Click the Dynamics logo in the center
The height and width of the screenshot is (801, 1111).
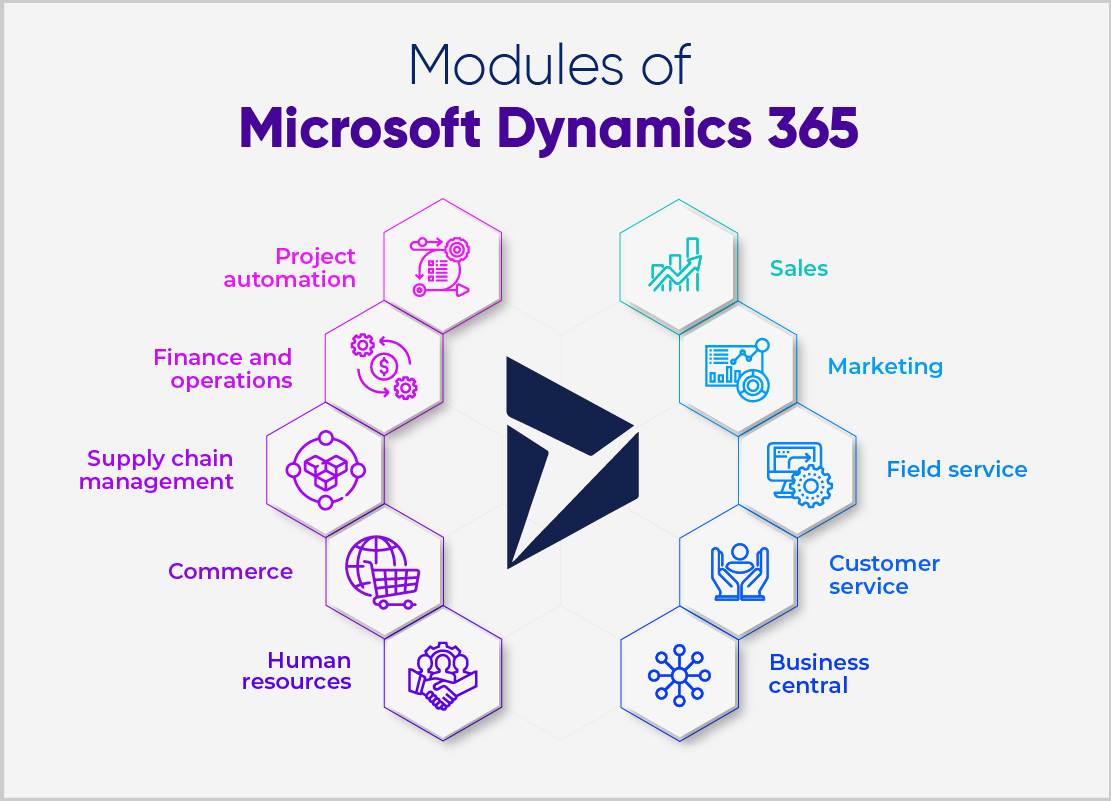(565, 460)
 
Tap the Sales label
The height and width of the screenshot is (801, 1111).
(799, 268)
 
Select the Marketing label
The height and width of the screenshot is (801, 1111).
(885, 366)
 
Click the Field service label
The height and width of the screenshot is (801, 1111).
(956, 469)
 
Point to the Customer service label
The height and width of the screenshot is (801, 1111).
(884, 575)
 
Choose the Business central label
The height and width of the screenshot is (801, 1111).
(819, 674)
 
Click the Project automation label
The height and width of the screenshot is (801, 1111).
(290, 268)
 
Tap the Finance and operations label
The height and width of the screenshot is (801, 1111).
(223, 369)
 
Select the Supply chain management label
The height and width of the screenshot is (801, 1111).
(157, 470)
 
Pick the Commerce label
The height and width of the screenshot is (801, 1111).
(230, 571)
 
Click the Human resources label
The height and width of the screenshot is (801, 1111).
(297, 671)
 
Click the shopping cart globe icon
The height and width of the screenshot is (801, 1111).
(380, 571)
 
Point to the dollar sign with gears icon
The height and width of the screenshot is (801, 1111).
(383, 367)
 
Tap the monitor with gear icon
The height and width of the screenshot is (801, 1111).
(798, 471)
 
